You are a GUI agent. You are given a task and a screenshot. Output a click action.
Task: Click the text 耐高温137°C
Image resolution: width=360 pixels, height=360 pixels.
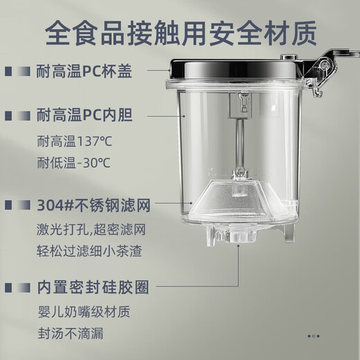[75, 143]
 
